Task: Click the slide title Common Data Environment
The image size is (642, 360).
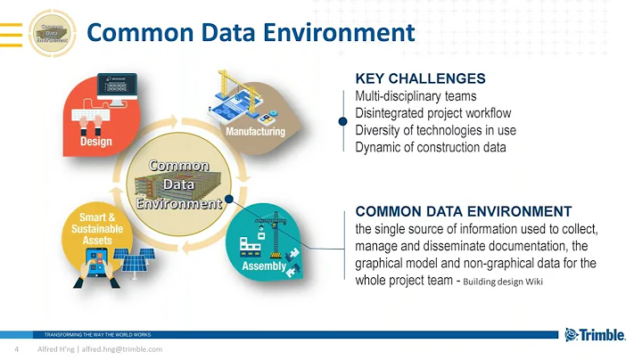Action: pyautogui.click(x=251, y=34)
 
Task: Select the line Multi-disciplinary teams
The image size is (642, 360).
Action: pyautogui.click(x=416, y=96)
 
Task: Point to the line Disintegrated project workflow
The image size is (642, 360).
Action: pyautogui.click(x=432, y=113)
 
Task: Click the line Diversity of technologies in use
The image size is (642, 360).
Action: pyautogui.click(x=435, y=130)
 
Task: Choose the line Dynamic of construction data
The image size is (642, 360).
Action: pyautogui.click(x=430, y=147)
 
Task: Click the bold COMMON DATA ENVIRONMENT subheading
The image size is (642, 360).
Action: pyautogui.click(x=463, y=211)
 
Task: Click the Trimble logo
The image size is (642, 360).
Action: pyautogui.click(x=597, y=335)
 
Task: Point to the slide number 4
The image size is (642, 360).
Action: pyautogui.click(x=16, y=350)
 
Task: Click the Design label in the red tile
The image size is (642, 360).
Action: pyautogui.click(x=95, y=142)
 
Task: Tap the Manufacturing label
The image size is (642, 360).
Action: pyautogui.click(x=254, y=132)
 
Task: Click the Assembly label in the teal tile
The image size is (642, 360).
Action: pyautogui.click(x=265, y=266)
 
